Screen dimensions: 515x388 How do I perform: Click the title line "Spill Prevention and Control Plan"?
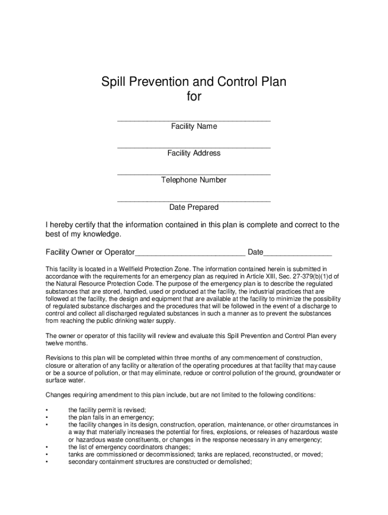coord(194,82)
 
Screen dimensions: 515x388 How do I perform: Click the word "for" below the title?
coord(194,97)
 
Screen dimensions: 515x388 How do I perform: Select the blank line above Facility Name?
coord(194,120)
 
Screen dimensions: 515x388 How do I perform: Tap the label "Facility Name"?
coord(194,127)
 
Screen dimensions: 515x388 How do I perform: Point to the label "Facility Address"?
coord(194,153)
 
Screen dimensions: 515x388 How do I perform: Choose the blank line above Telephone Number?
coord(194,174)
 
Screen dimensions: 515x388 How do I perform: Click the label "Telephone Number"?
coord(194,180)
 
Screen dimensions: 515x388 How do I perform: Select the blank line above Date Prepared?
coord(194,201)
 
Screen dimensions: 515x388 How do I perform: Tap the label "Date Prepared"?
coord(194,207)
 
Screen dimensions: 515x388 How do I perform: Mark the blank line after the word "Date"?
coord(298,254)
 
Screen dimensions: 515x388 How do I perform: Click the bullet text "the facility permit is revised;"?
coord(107,410)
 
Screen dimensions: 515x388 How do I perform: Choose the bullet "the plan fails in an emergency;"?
coord(111,417)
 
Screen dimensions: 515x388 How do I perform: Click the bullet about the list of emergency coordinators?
coord(130,447)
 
